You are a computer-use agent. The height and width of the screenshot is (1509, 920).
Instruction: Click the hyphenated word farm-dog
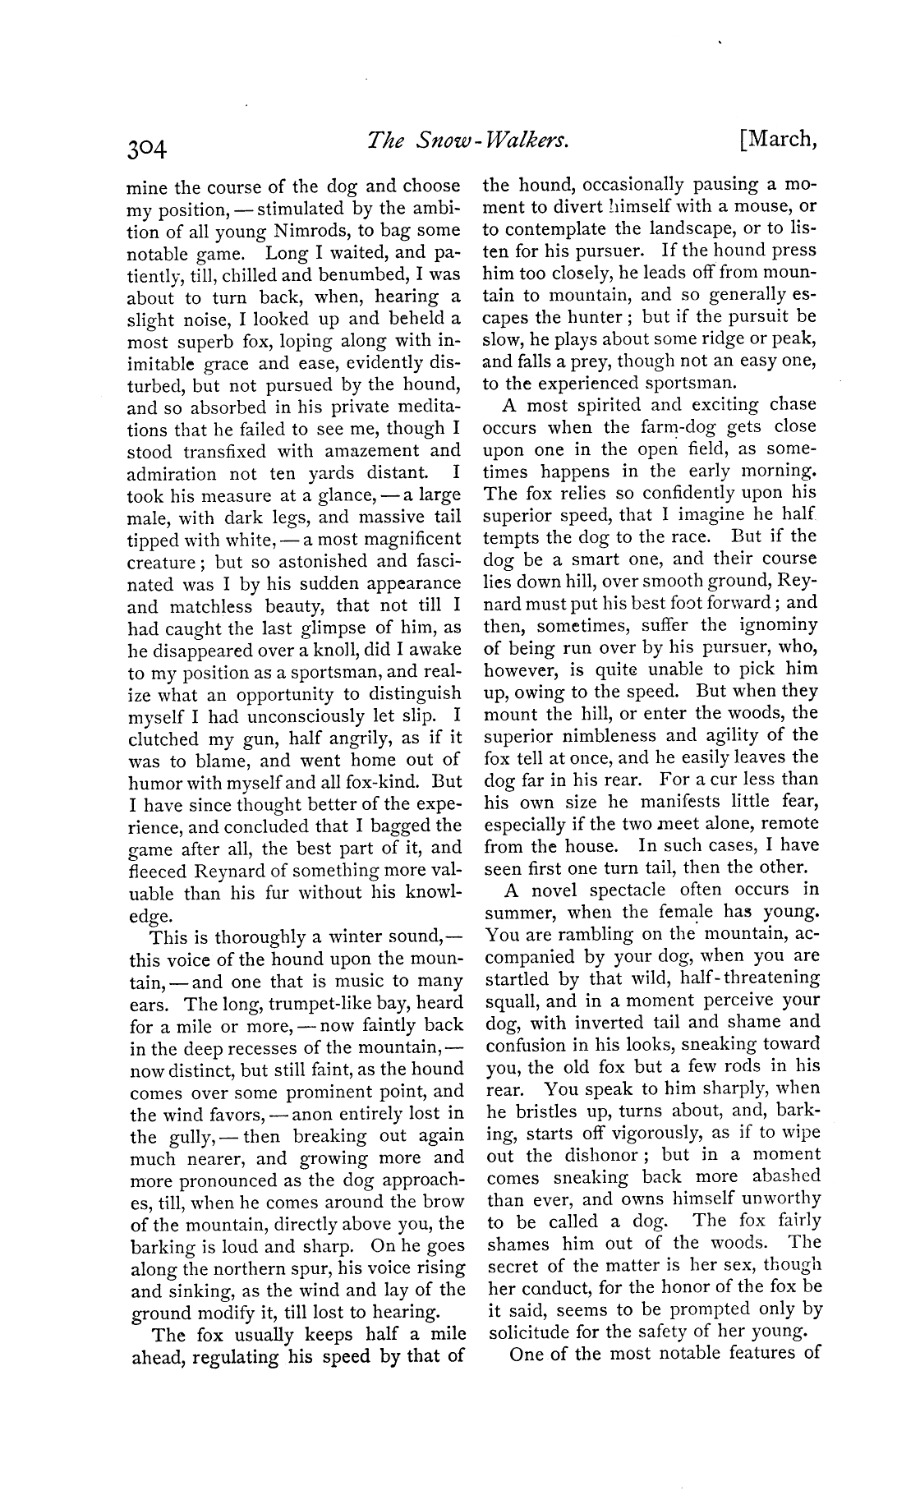point(662,426)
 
